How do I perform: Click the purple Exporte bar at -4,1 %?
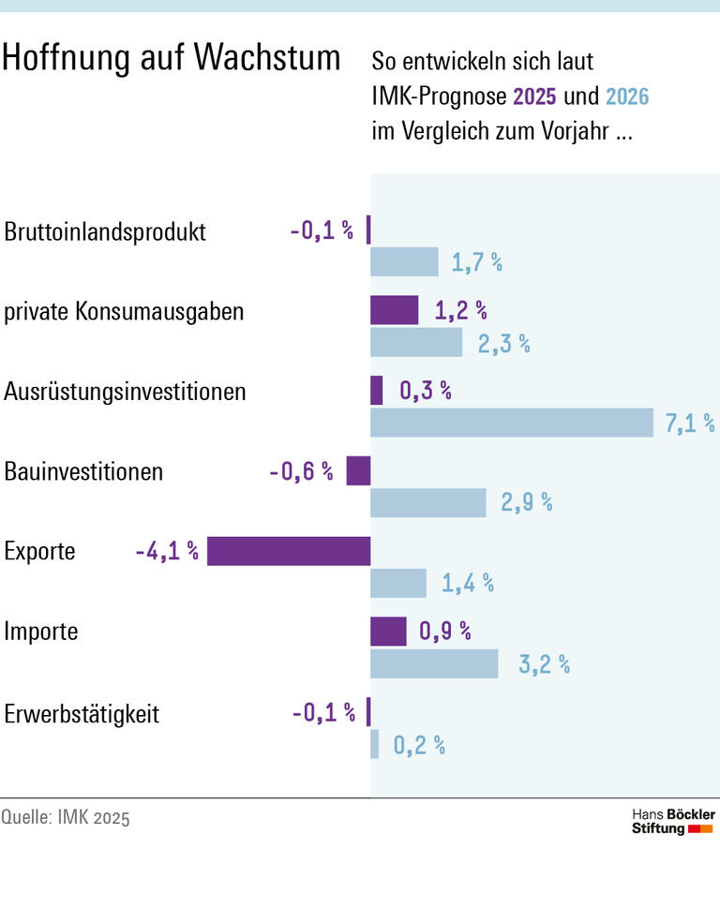pyautogui.click(x=289, y=551)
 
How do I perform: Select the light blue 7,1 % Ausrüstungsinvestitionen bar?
pyautogui.click(x=512, y=423)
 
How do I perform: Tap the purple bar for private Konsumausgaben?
pyautogui.click(x=394, y=310)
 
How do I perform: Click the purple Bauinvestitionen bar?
pyautogui.click(x=358, y=470)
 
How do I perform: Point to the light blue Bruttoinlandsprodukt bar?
pyautogui.click(x=404, y=262)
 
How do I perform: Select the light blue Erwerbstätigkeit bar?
pyautogui.click(x=374, y=744)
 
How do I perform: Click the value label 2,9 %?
pyautogui.click(x=526, y=502)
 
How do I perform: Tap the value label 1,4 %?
pyautogui.click(x=467, y=584)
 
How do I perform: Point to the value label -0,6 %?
pyautogui.click(x=300, y=471)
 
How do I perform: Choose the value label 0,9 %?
pyautogui.click(x=444, y=632)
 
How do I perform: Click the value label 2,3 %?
pyautogui.click(x=503, y=343)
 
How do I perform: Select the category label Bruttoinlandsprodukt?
pyautogui.click(x=105, y=231)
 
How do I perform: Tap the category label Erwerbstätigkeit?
pyautogui.click(x=82, y=714)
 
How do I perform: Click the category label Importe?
pyautogui.click(x=41, y=632)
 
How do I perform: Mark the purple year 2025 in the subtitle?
pyautogui.click(x=534, y=97)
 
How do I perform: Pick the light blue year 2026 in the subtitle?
pyautogui.click(x=627, y=97)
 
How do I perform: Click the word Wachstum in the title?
pyautogui.click(x=267, y=58)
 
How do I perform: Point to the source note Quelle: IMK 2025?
pyautogui.click(x=66, y=817)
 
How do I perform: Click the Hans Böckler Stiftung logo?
pyautogui.click(x=672, y=822)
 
